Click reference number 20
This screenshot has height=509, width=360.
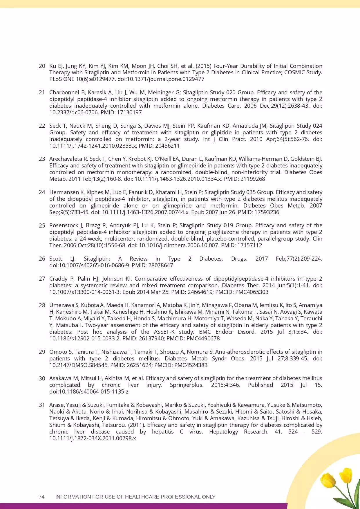[42, 66]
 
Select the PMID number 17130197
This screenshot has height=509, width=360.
[129, 112]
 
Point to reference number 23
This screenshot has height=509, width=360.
[42, 159]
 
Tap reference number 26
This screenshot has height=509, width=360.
[42, 259]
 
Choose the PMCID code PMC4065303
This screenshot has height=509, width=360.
[252, 292]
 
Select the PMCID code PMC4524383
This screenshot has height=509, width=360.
[191, 365]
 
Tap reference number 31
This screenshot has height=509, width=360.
[42, 405]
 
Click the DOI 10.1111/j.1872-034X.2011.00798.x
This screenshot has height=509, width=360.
[93, 438]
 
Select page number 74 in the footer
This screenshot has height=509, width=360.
[41, 497]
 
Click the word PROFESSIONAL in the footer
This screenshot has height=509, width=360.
[181, 497]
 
